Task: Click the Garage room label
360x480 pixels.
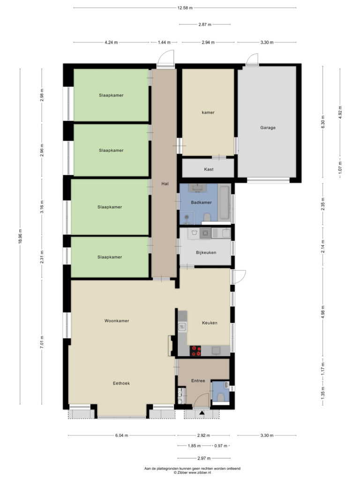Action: [x=268, y=127]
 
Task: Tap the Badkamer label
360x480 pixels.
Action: [x=201, y=202]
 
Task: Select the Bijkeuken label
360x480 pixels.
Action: [x=206, y=253]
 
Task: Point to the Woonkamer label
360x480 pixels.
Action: [x=117, y=321]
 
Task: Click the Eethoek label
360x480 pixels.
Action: [x=121, y=383]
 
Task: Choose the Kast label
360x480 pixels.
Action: [x=209, y=169]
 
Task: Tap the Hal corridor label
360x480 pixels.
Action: [x=165, y=184]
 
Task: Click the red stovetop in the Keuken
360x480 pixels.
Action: [x=195, y=351]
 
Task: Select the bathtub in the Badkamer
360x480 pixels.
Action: [x=225, y=202]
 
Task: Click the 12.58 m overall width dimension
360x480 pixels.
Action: [x=185, y=8]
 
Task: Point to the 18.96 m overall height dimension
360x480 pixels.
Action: [x=20, y=236]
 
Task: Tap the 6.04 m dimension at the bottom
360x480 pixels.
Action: [x=121, y=435]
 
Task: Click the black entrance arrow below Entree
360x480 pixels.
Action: [x=202, y=413]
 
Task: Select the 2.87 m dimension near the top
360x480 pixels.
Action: [x=204, y=24]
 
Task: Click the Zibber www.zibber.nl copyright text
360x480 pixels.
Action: [x=192, y=472]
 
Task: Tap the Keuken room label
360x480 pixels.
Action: [x=210, y=322]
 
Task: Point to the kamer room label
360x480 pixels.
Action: [x=208, y=112]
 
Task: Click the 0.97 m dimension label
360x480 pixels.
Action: [x=221, y=446]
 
